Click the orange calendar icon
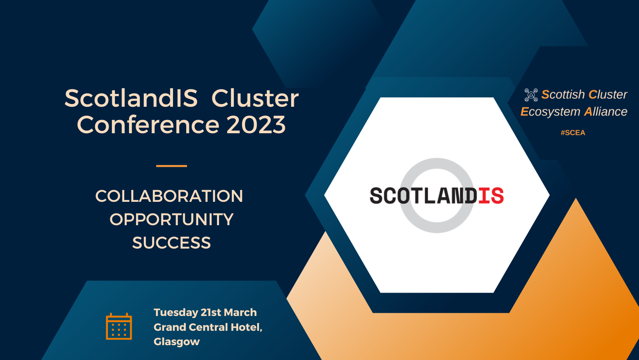(x=119, y=326)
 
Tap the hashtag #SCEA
(x=573, y=132)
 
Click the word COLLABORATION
(x=169, y=196)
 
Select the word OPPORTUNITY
(x=171, y=219)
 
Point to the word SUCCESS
(x=171, y=243)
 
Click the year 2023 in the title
(x=256, y=125)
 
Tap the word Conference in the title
(x=148, y=125)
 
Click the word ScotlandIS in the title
(x=131, y=98)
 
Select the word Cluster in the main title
(x=255, y=98)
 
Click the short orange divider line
(x=171, y=166)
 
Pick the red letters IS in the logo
(x=491, y=196)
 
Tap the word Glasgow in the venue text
(x=177, y=342)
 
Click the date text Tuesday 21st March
(x=205, y=312)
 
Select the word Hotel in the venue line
(x=247, y=327)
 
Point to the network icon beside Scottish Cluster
(x=531, y=95)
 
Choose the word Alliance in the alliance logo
(x=605, y=111)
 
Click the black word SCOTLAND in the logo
(x=423, y=196)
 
